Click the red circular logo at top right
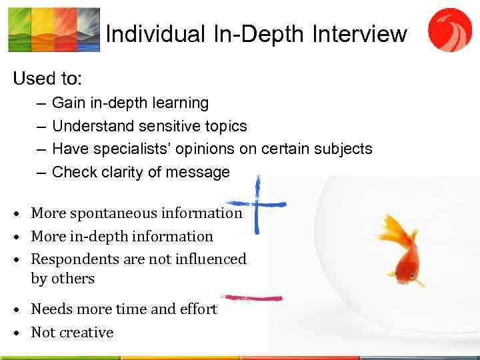[449, 29]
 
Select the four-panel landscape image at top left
[53, 29]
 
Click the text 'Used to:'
[47, 79]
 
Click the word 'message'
[199, 172]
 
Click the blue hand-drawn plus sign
[257, 204]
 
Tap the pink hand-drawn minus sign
[251, 297]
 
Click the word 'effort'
[198, 309]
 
